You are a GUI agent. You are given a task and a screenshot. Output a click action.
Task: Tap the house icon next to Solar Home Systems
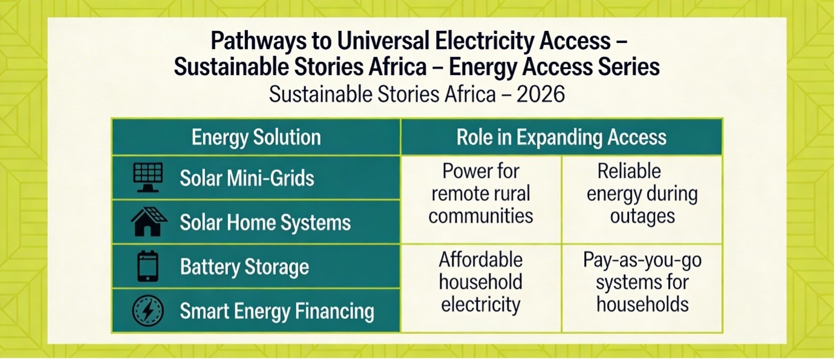pyautogui.click(x=148, y=222)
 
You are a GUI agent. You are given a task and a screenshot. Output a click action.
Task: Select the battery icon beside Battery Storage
pyautogui.click(x=148, y=267)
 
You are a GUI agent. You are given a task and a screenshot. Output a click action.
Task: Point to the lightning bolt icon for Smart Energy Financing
pyautogui.click(x=148, y=311)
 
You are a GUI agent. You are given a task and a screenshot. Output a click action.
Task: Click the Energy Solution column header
pyautogui.click(x=256, y=137)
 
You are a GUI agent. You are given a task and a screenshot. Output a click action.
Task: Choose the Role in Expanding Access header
pyautogui.click(x=561, y=137)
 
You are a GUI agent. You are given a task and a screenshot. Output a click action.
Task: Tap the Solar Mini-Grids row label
pyautogui.click(x=247, y=178)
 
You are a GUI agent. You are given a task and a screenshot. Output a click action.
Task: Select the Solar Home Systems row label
pyautogui.click(x=265, y=223)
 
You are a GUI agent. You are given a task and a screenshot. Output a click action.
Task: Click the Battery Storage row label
pyautogui.click(x=244, y=267)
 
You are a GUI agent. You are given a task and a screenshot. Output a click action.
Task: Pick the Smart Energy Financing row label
pyautogui.click(x=276, y=312)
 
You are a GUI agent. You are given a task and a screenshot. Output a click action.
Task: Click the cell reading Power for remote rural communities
pyautogui.click(x=481, y=194)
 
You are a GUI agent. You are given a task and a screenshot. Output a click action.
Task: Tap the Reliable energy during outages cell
pyautogui.click(x=642, y=194)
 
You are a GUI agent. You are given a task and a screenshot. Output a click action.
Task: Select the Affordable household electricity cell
pyautogui.click(x=481, y=282)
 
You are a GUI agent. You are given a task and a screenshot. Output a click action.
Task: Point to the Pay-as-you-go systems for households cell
pyautogui.click(x=642, y=282)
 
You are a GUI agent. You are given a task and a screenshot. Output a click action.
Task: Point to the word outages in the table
pyautogui.click(x=642, y=216)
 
